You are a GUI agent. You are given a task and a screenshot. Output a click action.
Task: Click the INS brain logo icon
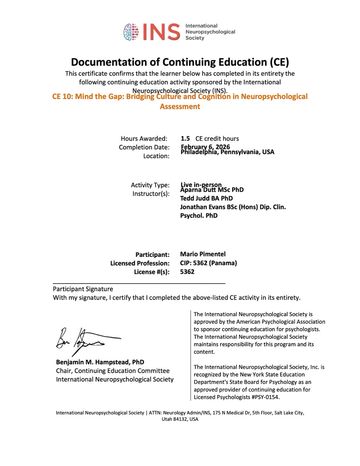click(x=132, y=32)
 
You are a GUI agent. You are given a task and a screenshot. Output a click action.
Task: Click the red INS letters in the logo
click(x=161, y=32)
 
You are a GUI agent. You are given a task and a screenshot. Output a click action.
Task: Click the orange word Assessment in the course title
click(x=180, y=106)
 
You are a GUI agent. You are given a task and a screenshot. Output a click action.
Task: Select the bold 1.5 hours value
click(x=185, y=138)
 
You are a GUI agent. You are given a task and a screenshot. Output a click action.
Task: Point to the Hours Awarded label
click(x=144, y=138)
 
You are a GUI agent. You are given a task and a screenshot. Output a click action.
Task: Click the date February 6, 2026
click(x=205, y=147)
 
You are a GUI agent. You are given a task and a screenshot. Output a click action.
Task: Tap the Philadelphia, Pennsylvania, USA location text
click(x=228, y=152)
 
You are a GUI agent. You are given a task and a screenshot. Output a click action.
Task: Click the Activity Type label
click(x=150, y=185)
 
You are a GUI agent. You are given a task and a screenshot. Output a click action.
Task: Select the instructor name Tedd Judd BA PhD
click(x=206, y=198)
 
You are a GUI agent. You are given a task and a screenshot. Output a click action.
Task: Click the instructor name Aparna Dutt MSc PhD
click(x=212, y=190)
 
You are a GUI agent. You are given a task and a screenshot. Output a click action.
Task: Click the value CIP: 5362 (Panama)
click(x=208, y=263)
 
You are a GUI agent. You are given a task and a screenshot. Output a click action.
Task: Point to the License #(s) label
click(x=151, y=272)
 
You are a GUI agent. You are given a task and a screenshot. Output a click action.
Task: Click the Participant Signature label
click(x=83, y=289)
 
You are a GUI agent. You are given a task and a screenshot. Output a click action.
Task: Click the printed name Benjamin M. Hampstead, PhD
click(x=100, y=362)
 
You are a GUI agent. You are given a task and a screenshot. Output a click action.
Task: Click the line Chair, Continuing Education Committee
click(x=113, y=371)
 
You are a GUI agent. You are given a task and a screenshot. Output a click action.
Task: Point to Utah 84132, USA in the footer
click(x=180, y=419)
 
